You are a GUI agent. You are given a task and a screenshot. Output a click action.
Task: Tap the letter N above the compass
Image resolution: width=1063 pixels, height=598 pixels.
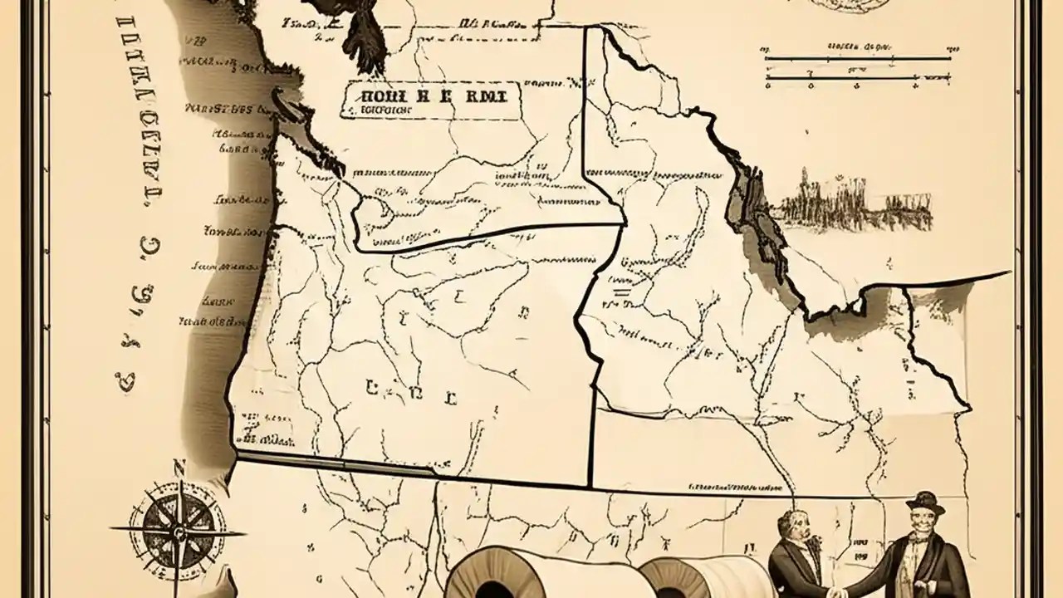177,468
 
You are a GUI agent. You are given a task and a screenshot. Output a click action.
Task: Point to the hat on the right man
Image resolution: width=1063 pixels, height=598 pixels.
924,502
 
